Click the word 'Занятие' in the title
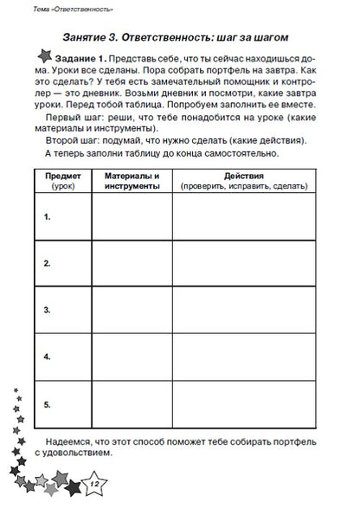[x=91, y=37]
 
